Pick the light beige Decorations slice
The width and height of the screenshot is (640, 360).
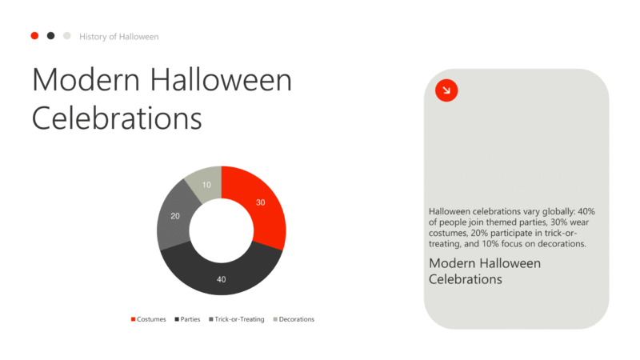206,184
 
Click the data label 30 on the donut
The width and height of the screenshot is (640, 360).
261,202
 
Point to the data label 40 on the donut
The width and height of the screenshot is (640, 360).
222,279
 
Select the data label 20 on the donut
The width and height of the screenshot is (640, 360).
175,216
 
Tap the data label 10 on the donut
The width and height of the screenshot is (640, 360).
206,185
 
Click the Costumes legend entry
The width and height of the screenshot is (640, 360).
148,319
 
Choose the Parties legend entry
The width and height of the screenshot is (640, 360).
187,319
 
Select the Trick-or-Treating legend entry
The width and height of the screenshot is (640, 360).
236,319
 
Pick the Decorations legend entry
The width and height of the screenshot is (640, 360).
294,319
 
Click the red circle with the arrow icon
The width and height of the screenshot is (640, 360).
446,90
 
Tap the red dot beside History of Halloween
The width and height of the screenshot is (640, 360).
34,36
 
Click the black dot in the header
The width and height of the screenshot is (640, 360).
50,36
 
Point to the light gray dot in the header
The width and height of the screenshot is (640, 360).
67,36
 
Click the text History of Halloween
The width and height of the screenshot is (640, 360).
118,37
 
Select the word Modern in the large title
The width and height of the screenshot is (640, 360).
86,79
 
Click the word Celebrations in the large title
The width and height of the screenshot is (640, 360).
117,118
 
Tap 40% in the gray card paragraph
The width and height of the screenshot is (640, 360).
586,211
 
